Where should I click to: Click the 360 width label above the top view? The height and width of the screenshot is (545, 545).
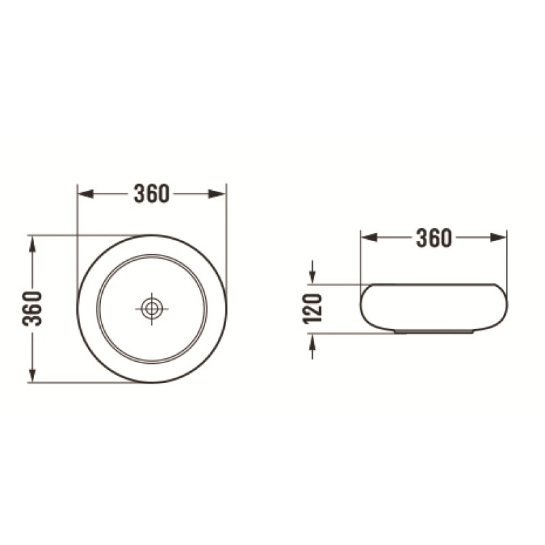pos(152,193)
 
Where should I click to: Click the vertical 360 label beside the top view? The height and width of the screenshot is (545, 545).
pos(32,309)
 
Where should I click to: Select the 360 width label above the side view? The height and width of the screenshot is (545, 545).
pos(434,238)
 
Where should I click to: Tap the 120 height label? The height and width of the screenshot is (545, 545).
pos(313,309)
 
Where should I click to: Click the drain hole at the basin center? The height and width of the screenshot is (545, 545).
pos(152,309)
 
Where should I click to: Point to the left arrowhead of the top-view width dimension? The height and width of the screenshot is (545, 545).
pos(86,194)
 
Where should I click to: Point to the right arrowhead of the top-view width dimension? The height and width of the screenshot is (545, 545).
pos(217,194)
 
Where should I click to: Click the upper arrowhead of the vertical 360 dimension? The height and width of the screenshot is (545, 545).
pos(32,245)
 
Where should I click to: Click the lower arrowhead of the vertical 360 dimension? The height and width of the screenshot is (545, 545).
pos(32,374)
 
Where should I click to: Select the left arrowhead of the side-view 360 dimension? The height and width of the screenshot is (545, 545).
pos(369,238)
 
